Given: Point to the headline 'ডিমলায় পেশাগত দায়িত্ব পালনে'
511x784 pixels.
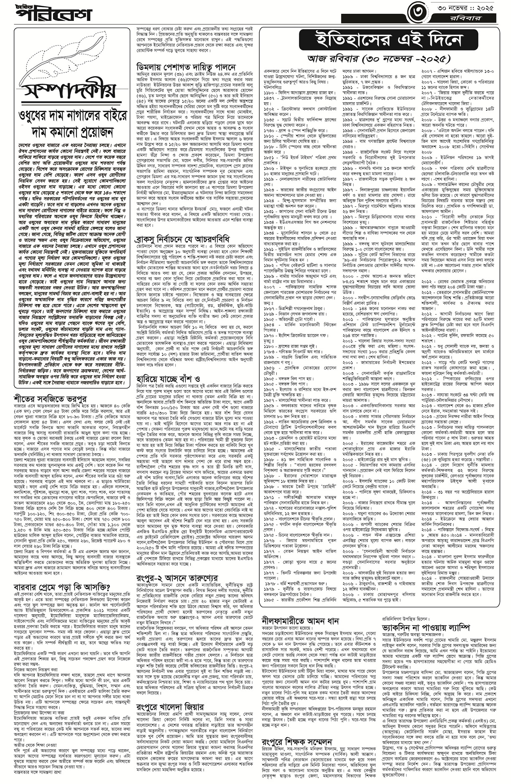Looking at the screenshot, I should click(186, 67).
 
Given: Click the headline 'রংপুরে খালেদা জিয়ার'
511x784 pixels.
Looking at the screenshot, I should click(170, 660).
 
